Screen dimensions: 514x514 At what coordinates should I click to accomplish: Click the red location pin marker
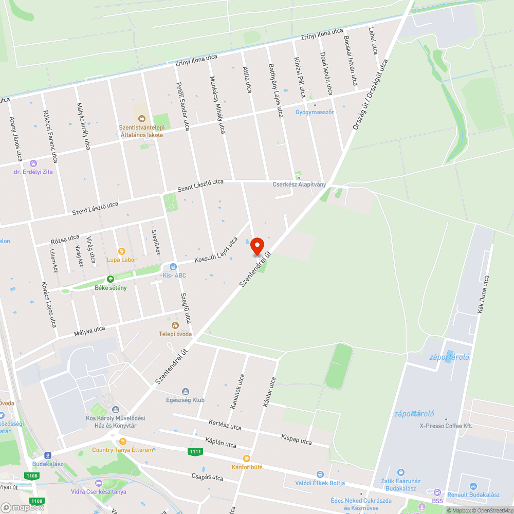click(x=257, y=246)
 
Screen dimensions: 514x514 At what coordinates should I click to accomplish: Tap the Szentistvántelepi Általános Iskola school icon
click(x=141, y=119)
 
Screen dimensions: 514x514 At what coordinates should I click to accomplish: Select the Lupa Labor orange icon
click(x=122, y=251)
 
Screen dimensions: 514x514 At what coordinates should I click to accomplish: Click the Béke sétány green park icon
click(x=110, y=279)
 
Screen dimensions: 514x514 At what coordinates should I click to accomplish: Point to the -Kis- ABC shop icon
click(x=173, y=267)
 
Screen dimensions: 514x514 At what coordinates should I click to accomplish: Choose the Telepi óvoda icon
click(x=175, y=325)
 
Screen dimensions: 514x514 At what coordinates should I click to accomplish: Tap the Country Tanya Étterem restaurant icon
click(x=122, y=442)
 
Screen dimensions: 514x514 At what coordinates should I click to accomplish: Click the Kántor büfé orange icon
click(x=247, y=458)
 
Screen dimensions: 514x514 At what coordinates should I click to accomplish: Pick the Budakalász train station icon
click(x=47, y=455)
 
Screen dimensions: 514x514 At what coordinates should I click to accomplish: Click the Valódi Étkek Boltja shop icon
click(x=320, y=474)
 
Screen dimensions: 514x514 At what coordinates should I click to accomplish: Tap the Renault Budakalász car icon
click(x=473, y=486)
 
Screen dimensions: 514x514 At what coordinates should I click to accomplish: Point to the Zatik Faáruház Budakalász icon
click(x=401, y=472)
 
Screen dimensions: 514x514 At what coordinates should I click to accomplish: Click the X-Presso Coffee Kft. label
click(x=446, y=426)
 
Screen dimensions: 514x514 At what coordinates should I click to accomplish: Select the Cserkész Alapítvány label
click(x=299, y=185)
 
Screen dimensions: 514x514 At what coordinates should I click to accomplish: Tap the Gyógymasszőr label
click(x=315, y=112)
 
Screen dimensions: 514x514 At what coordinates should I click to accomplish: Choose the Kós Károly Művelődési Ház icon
click(x=115, y=410)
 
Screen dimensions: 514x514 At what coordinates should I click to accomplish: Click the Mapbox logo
click(x=23, y=507)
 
